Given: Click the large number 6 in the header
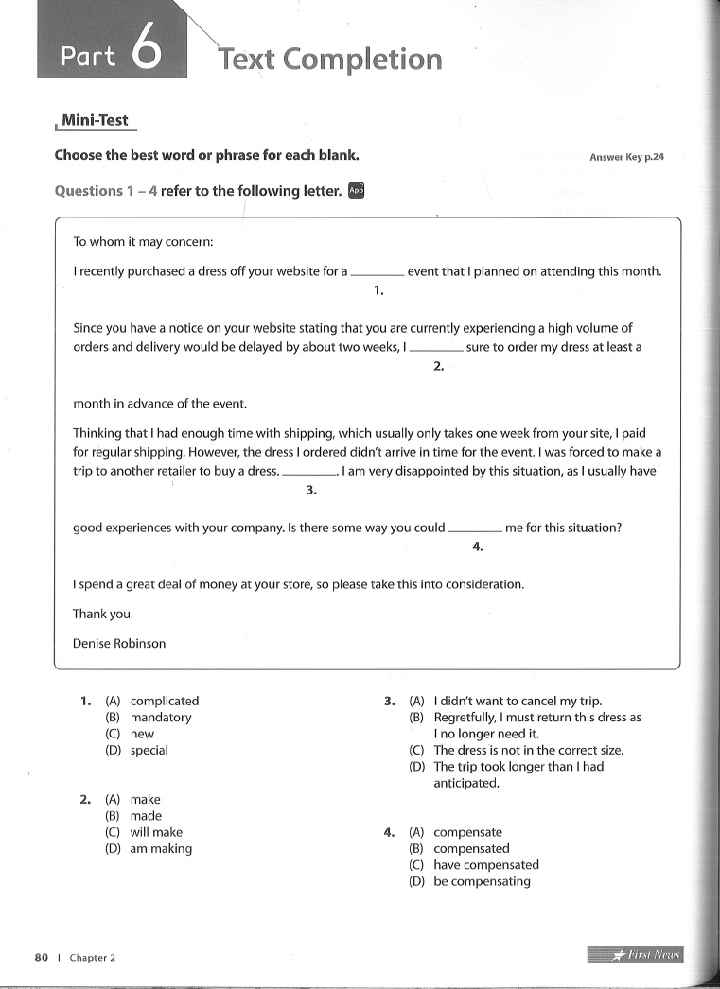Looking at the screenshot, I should (x=146, y=52).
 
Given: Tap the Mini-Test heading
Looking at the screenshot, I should (x=95, y=121).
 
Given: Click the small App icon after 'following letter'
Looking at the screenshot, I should (x=356, y=190).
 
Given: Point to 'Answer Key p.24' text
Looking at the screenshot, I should (x=626, y=157).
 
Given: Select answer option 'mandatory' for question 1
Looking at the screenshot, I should (x=161, y=718).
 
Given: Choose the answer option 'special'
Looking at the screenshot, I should (x=149, y=750).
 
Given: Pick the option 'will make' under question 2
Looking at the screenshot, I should (x=156, y=832).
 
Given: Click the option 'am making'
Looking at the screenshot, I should (x=161, y=849).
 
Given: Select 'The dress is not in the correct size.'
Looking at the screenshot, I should (x=528, y=750).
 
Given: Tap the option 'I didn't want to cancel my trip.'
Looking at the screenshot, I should (x=518, y=701).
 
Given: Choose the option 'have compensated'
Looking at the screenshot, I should (x=485, y=865).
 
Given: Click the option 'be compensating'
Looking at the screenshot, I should (x=482, y=881).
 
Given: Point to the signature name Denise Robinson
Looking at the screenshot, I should (x=119, y=643).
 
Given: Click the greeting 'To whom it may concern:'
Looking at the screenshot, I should (x=144, y=242).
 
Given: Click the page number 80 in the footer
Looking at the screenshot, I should (x=42, y=957).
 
